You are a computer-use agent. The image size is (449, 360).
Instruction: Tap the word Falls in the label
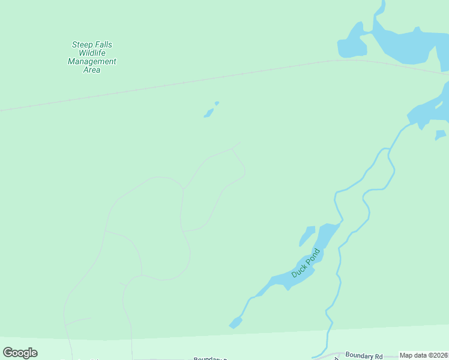click(x=102, y=45)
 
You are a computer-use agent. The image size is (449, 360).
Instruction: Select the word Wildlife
click(x=92, y=53)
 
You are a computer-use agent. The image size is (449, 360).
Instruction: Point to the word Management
click(x=92, y=62)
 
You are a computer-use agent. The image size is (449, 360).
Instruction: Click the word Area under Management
click(x=92, y=70)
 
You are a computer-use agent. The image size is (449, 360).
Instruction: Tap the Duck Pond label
click(x=306, y=263)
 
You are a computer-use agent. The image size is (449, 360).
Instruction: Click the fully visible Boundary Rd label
click(x=364, y=356)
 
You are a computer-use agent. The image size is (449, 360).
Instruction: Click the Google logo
click(x=20, y=353)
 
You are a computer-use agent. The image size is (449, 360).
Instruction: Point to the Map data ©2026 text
click(x=423, y=355)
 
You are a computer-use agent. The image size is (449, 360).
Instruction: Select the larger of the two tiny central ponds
click(x=208, y=113)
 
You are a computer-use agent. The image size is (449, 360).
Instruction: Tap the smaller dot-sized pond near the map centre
click(x=217, y=103)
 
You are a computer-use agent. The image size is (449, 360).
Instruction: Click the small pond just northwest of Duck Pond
click(x=307, y=235)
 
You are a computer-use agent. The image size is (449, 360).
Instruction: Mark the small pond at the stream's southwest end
click(x=235, y=323)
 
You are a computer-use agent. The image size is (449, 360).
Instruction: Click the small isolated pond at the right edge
click(x=441, y=135)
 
